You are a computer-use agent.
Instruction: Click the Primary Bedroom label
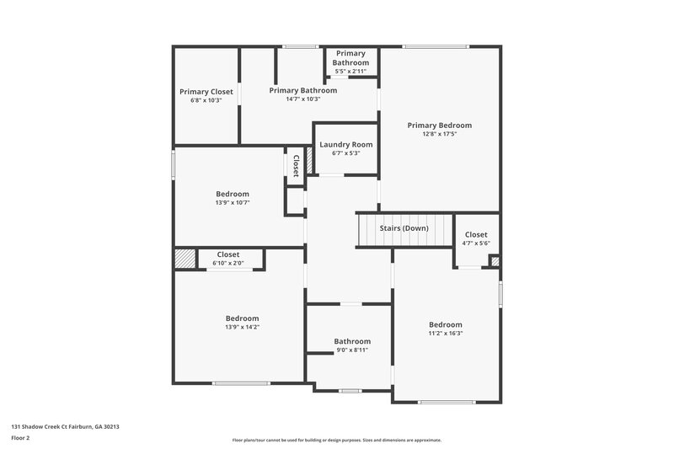coord(439,126)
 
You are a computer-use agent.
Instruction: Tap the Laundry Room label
coord(345,145)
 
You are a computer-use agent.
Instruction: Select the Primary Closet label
coord(206,92)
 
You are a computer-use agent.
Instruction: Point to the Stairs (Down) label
coord(404,228)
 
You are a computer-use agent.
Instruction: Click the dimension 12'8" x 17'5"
coord(439,134)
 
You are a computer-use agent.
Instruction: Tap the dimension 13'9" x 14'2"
coord(242,327)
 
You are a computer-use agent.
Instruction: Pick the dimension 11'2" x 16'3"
coord(445,334)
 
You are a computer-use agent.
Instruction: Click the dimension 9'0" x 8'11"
coord(351,350)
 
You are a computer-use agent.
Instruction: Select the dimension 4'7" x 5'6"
coord(476,243)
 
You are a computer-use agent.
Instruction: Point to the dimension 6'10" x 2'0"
coord(227,263)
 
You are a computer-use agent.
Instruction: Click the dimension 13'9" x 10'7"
coord(233,202)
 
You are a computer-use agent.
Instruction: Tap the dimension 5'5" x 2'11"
coord(350,72)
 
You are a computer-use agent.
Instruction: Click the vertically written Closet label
coord(297,164)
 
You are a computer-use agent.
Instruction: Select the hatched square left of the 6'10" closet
coord(185,259)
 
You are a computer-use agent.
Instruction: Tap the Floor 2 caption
coord(21,438)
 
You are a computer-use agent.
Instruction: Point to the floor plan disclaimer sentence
coord(336,440)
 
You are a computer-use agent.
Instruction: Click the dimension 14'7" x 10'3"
coord(302,99)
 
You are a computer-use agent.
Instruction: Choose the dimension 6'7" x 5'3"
coord(345,153)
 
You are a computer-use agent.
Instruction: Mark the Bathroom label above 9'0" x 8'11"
coord(351,341)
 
